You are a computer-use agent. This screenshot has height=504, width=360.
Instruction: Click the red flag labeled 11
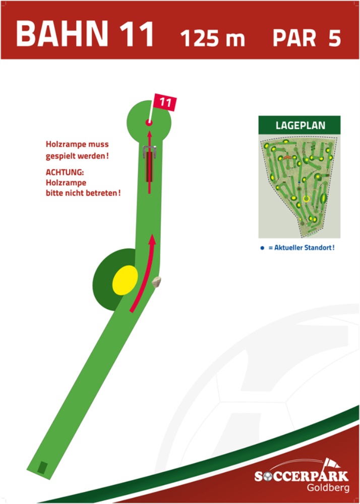(x=165, y=102)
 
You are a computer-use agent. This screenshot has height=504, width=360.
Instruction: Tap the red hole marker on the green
(x=149, y=122)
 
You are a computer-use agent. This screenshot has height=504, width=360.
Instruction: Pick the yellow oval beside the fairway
(x=125, y=281)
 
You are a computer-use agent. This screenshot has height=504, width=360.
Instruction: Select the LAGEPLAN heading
(x=300, y=125)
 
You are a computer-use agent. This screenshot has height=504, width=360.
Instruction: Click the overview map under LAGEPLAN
(x=300, y=186)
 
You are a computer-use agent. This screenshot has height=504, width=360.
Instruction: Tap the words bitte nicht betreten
(x=83, y=193)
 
